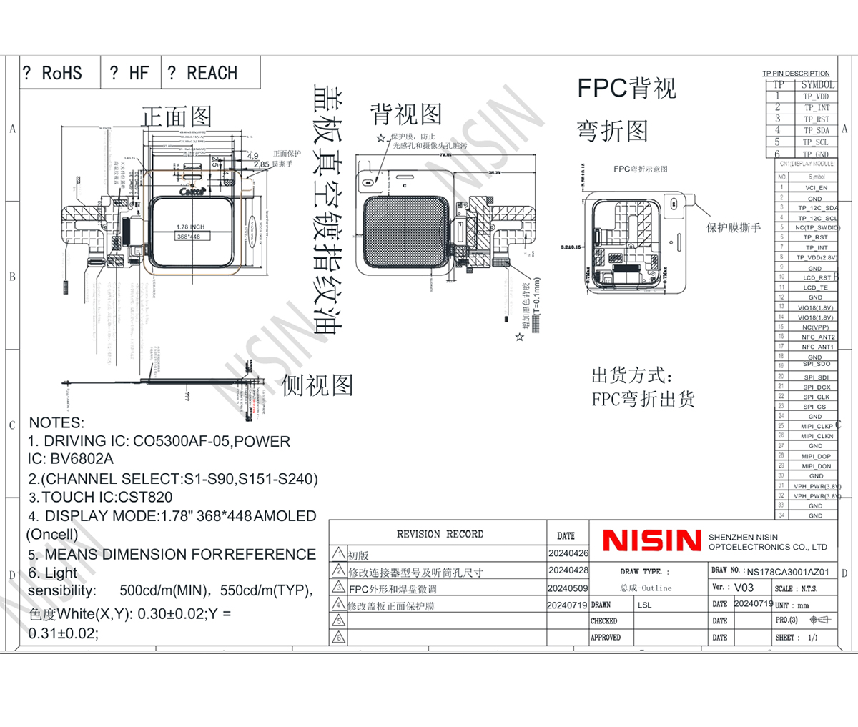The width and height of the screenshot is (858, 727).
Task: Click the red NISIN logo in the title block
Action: point(651,540)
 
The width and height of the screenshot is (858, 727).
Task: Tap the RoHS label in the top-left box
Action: point(61,73)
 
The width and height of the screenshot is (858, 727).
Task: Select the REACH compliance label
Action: point(212,73)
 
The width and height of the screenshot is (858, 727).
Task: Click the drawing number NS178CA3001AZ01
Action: point(788,572)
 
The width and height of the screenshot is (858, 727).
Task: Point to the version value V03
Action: point(744,588)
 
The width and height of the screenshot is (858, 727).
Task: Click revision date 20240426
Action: point(568,553)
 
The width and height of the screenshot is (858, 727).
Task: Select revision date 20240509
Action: point(568,588)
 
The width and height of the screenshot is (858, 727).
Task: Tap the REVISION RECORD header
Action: point(440,534)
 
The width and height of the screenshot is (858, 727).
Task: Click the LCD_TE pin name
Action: point(815,287)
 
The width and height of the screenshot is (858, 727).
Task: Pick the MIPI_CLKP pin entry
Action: point(817,427)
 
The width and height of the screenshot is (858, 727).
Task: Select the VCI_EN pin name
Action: point(816,188)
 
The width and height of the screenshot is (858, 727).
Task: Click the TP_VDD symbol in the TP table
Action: point(815,97)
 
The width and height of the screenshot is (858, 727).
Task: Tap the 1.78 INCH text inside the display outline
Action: point(190,227)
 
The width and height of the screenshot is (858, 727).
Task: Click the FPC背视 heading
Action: point(626,89)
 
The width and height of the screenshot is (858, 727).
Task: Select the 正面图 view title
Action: point(177,117)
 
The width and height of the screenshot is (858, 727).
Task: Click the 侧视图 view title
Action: point(317,385)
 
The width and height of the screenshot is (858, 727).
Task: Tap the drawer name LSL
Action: point(644,605)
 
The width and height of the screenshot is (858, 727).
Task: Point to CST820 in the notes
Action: point(145,498)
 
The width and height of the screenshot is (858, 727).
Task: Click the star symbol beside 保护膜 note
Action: point(381,138)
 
